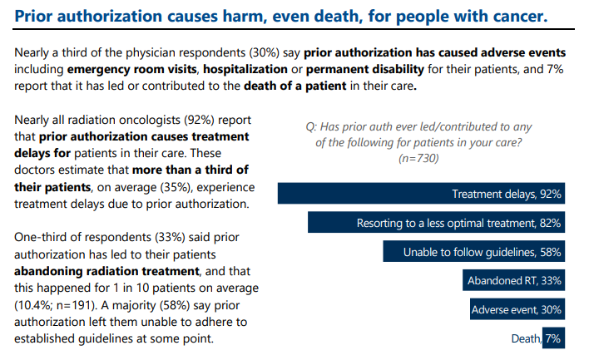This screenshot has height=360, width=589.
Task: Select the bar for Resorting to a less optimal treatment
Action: pyautogui.click(x=438, y=223)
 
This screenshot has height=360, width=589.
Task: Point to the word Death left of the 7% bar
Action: pyautogui.click(x=526, y=339)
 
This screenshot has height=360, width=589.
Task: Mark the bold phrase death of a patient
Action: pyautogui.click(x=299, y=86)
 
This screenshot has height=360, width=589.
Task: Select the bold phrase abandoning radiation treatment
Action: pyautogui.click(x=108, y=271)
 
